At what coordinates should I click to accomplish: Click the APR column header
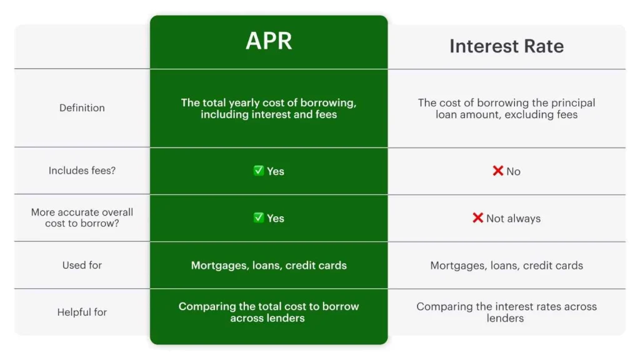[x=269, y=41]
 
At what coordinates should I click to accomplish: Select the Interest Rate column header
[x=506, y=46]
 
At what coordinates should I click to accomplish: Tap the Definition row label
[x=82, y=108]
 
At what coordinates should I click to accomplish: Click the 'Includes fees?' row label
[x=82, y=171]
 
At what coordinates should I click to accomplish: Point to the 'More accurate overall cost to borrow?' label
[x=82, y=218]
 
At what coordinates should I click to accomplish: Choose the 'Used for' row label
[x=82, y=265]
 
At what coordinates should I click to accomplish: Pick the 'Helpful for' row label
[x=82, y=312]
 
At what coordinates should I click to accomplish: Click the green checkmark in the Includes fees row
[x=258, y=171]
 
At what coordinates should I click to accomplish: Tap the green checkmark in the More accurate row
[x=258, y=217]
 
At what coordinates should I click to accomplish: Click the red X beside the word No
[x=497, y=171]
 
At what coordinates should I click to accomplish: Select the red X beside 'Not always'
[x=477, y=217]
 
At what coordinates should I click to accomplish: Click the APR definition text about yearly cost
[x=269, y=108]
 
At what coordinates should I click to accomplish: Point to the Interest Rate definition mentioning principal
[x=506, y=108]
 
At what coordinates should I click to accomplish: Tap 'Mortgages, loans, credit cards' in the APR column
[x=269, y=265]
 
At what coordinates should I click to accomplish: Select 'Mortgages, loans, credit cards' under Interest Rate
[x=506, y=265]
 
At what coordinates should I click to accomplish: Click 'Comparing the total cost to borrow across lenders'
[x=269, y=312]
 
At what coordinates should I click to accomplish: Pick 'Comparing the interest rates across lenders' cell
[x=506, y=312]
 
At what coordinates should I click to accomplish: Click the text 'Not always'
[x=513, y=218]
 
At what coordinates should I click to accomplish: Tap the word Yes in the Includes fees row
[x=276, y=171]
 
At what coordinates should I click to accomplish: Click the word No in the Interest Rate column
[x=513, y=171]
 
